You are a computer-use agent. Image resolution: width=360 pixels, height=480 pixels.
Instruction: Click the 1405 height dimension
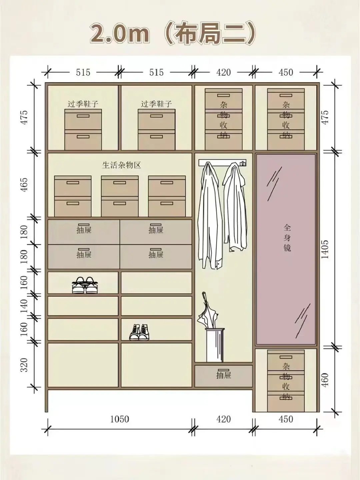click(325, 249)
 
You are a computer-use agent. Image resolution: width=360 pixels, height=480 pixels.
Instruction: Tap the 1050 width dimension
click(120, 419)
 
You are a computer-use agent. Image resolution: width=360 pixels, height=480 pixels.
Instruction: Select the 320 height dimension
click(24, 365)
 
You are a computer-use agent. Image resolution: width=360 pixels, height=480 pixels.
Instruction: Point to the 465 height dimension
click(24, 185)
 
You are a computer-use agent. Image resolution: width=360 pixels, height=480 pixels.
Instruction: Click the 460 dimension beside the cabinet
click(325, 380)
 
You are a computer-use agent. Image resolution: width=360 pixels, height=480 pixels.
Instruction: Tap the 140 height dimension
click(24, 306)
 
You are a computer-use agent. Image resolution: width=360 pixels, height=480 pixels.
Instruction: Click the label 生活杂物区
click(121, 165)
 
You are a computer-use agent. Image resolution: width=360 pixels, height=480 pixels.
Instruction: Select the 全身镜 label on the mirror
click(287, 238)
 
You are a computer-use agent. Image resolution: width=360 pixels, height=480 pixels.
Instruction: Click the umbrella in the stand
click(208, 310)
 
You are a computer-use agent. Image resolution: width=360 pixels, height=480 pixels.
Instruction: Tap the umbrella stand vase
click(215, 345)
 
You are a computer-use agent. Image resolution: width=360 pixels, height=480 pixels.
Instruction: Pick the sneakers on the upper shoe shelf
click(85, 285)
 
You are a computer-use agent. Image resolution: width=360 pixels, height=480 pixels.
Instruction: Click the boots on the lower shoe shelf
click(139, 332)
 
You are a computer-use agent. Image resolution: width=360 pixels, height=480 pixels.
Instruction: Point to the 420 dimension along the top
click(223, 72)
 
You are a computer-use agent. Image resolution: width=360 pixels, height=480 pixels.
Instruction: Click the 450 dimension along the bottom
click(286, 419)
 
